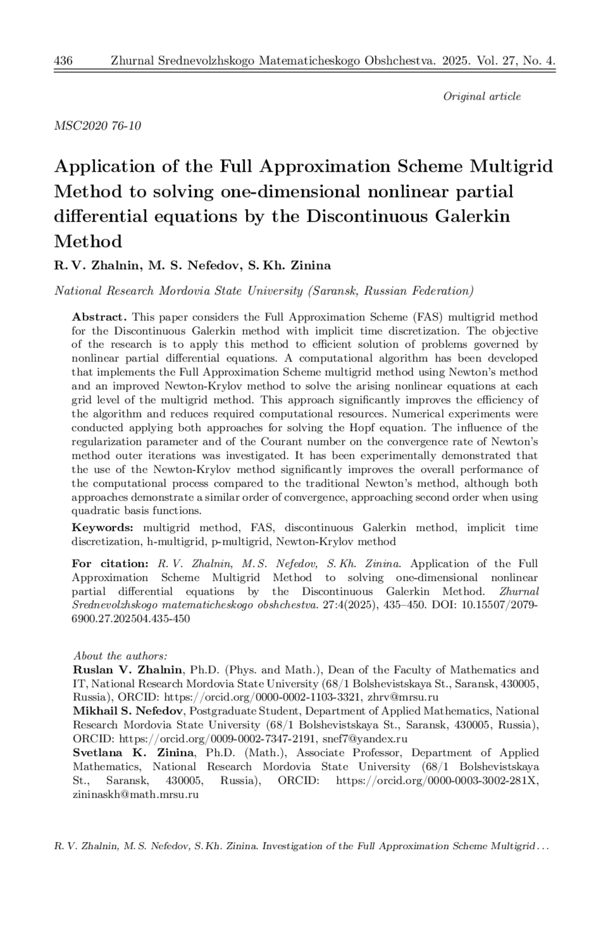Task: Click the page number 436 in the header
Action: [x=63, y=61]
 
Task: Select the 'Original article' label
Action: [x=482, y=97]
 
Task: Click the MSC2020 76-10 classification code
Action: [x=98, y=125]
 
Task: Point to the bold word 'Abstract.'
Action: [x=99, y=317]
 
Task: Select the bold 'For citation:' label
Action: [x=110, y=564]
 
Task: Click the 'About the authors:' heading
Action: [x=120, y=656]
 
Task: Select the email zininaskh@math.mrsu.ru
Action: [x=135, y=795]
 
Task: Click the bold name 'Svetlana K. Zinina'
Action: [x=133, y=753]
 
